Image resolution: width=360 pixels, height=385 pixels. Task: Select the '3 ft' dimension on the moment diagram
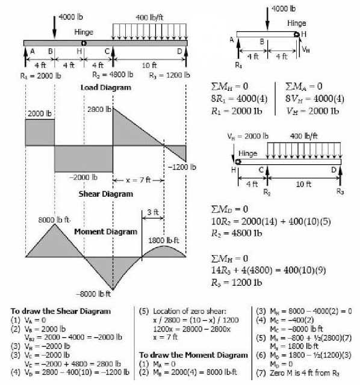[x=152, y=212]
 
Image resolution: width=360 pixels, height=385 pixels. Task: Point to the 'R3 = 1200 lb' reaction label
[x=169, y=76]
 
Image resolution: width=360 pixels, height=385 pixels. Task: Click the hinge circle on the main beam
[x=84, y=43]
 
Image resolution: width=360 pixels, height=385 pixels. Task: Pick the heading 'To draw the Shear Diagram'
[x=60, y=311]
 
